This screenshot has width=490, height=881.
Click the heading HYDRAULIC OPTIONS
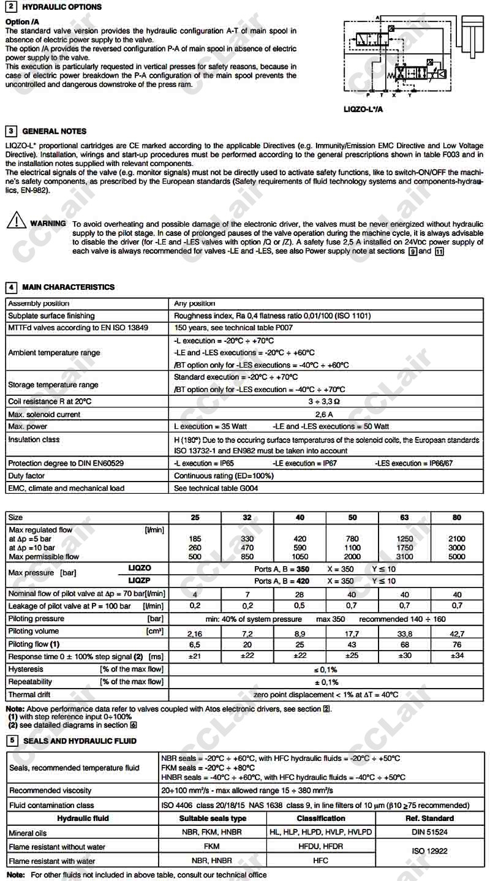(x=62, y=7)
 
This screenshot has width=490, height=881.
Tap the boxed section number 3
(x=11, y=131)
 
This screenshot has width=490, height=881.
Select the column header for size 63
(x=404, y=518)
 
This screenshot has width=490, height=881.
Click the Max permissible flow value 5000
(x=457, y=557)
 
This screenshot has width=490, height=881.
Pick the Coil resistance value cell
(x=326, y=402)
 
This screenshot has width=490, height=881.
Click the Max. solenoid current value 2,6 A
(x=326, y=414)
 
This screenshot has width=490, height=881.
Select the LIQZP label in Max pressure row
(x=139, y=580)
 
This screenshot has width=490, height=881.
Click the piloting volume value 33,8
(x=404, y=634)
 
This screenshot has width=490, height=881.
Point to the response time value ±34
(x=457, y=656)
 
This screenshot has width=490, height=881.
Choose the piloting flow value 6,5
(x=195, y=645)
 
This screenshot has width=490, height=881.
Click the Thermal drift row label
(x=29, y=695)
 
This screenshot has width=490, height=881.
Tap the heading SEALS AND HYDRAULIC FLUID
(x=80, y=741)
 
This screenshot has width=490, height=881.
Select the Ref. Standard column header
(x=429, y=819)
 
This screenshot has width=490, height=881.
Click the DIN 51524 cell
(x=429, y=833)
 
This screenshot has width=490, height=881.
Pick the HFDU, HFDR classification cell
(x=320, y=847)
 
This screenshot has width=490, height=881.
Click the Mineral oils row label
(x=28, y=833)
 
